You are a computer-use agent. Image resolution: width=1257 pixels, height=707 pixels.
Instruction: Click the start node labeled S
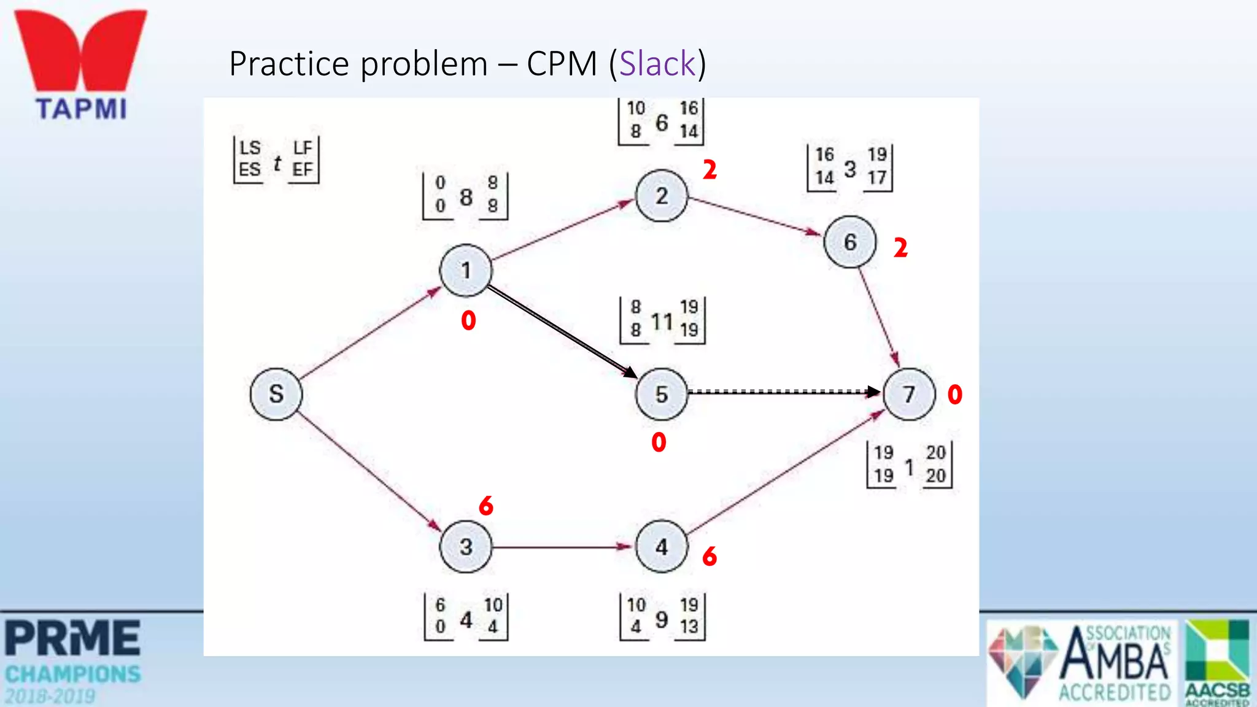(x=276, y=394)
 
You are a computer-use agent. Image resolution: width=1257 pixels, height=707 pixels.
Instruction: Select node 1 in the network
(x=466, y=271)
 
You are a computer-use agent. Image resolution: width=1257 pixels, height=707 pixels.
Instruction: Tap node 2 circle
(x=662, y=196)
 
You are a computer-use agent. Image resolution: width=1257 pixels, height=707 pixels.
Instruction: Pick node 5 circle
(x=662, y=394)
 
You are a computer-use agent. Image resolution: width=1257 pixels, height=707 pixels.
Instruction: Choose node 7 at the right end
(x=909, y=394)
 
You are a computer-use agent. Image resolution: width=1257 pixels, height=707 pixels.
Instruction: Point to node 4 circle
(x=662, y=546)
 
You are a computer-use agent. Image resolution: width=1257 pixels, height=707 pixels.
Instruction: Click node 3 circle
(x=466, y=546)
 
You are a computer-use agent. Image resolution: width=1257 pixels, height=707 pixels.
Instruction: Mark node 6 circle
(x=850, y=242)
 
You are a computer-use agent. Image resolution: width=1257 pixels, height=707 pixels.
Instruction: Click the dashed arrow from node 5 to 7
(x=783, y=392)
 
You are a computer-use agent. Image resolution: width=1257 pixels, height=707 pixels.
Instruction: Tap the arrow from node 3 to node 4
(x=562, y=546)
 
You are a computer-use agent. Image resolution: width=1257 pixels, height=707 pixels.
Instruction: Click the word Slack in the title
(x=657, y=63)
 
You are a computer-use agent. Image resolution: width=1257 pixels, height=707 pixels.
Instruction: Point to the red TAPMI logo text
(x=81, y=109)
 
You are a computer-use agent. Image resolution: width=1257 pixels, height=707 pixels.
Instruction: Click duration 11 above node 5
(x=662, y=321)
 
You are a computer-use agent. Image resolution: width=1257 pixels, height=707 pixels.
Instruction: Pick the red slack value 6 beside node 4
(x=710, y=556)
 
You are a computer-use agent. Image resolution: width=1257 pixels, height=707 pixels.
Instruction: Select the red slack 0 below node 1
(x=468, y=320)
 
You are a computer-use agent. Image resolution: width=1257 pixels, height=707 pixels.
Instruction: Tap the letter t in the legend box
(x=277, y=163)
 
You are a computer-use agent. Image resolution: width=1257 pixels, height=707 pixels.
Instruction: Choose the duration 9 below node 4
(x=662, y=619)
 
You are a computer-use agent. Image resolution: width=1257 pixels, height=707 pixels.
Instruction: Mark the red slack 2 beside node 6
(x=900, y=248)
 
